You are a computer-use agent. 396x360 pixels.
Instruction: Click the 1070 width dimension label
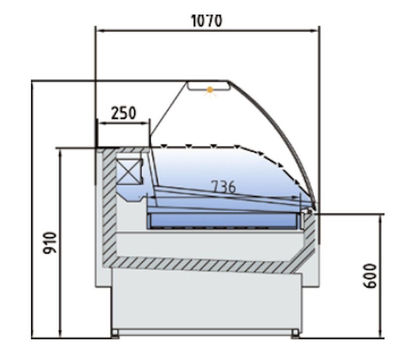pyautogui.click(x=207, y=21)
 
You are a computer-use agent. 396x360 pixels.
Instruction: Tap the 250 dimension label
pyautogui.click(x=123, y=113)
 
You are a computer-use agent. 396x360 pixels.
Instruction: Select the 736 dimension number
pyautogui.click(x=223, y=187)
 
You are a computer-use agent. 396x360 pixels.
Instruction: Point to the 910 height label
pyautogui.click(x=50, y=243)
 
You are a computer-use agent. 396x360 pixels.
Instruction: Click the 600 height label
pyautogui.click(x=370, y=276)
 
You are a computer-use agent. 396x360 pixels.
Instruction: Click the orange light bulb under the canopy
pyautogui.click(x=209, y=90)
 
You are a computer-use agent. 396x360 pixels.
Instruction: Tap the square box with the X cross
pyautogui.click(x=129, y=171)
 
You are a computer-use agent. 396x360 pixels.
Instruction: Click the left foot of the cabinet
pyautogui.click(x=115, y=333)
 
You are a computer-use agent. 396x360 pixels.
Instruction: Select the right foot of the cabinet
pyautogui.click(x=295, y=333)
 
